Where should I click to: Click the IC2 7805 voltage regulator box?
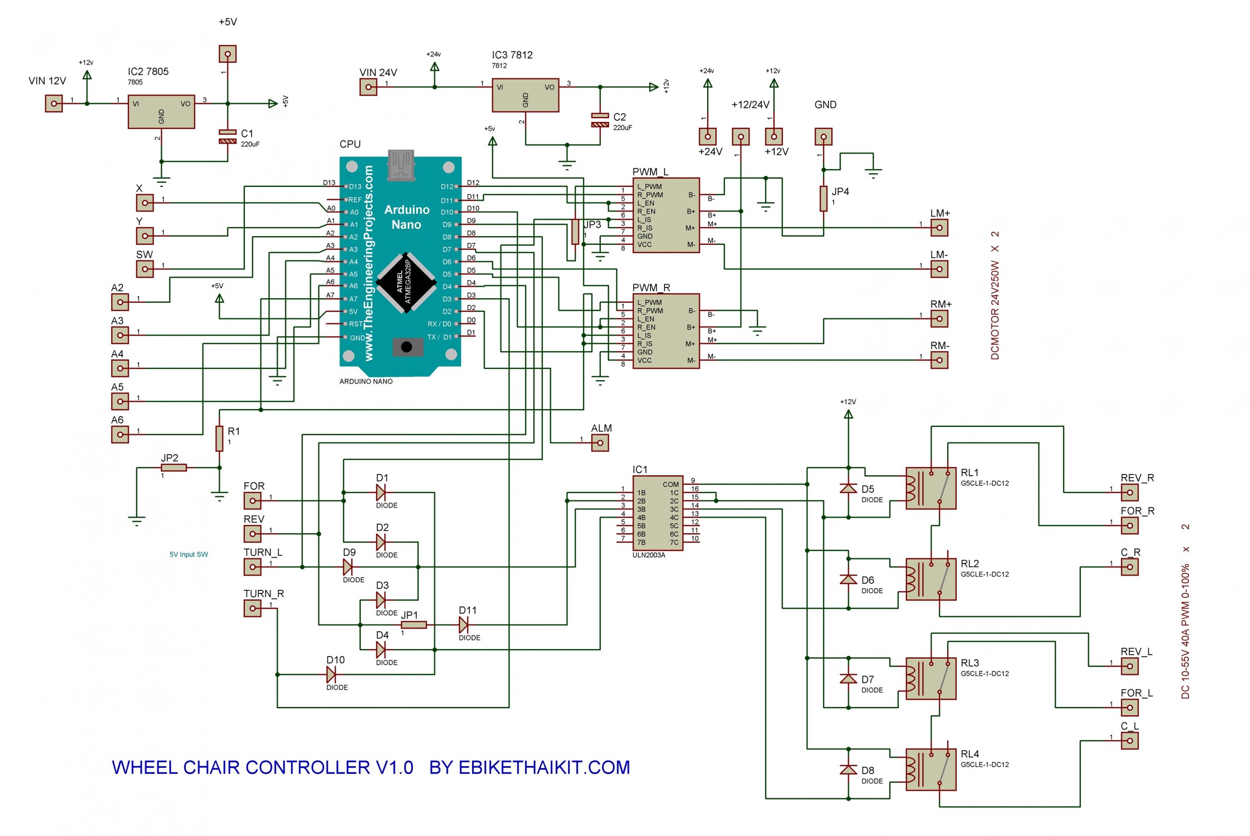(161, 112)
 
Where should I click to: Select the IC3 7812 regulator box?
(525, 95)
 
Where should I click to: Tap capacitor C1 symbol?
(228, 137)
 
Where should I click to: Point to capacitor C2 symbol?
(600, 120)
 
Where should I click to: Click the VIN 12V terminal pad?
(54, 103)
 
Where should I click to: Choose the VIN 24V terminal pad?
(368, 87)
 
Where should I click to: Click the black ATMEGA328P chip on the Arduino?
(406, 282)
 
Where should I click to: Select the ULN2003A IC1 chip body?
(657, 513)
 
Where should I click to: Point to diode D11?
(463, 624)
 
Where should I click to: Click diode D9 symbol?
(347, 567)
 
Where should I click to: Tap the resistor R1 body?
(219, 438)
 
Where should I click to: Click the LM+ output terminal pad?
(939, 228)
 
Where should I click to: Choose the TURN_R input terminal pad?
(252, 608)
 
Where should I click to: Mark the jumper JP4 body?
(823, 198)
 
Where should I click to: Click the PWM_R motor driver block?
(666, 331)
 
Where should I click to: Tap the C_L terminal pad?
(1130, 740)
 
